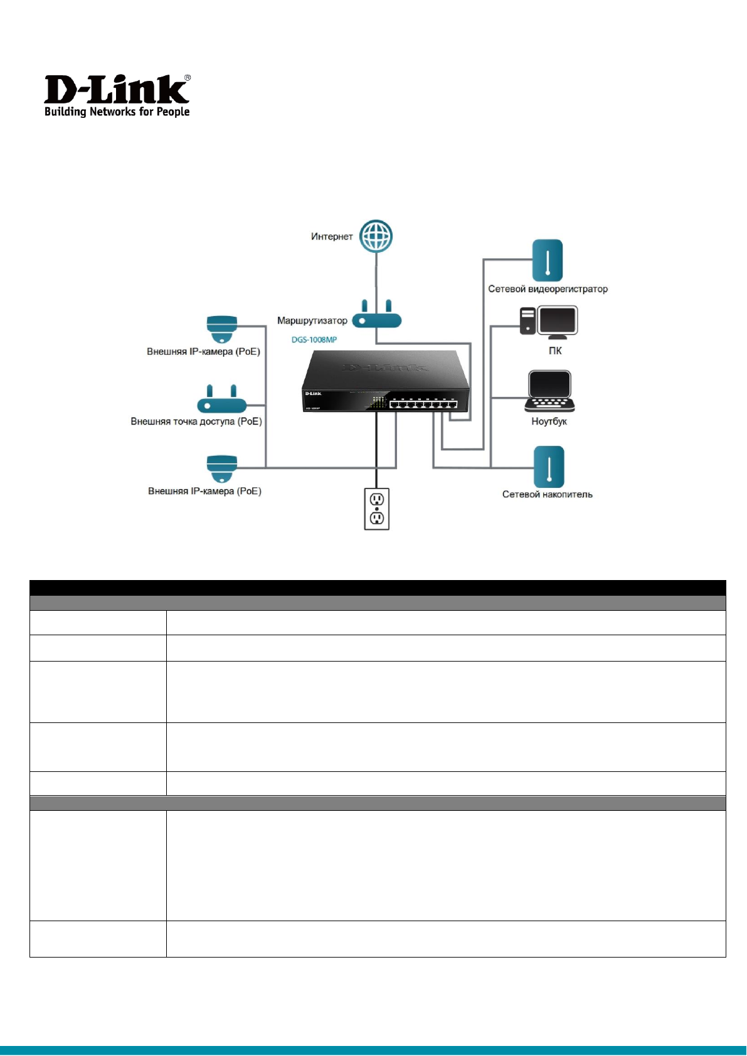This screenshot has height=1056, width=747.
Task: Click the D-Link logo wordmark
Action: [x=117, y=90]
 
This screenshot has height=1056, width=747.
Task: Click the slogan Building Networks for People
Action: [x=117, y=112]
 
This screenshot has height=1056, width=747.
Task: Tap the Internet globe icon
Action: [x=376, y=236]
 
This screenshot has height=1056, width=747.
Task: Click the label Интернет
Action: [x=332, y=236]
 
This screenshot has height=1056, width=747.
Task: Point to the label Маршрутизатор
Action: [x=312, y=320]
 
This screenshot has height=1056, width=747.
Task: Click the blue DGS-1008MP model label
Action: [x=314, y=339]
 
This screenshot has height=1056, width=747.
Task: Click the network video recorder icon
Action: [x=548, y=260]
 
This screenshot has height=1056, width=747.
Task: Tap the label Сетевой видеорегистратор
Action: [x=548, y=289]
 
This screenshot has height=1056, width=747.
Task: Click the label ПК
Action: [x=555, y=351]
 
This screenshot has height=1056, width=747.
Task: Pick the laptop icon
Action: [x=549, y=391]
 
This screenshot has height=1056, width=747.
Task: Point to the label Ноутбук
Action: [x=549, y=421]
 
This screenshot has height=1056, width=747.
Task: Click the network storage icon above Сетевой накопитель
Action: [x=549, y=467]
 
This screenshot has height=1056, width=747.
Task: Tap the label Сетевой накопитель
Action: [x=547, y=494]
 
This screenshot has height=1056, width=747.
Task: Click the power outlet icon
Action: [x=376, y=509]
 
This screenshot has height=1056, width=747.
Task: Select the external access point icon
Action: [x=222, y=400]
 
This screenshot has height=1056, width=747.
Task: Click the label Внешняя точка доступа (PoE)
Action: [x=196, y=421]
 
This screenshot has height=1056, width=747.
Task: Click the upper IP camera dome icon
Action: [x=222, y=329]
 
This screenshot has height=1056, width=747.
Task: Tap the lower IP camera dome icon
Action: [x=222, y=468]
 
